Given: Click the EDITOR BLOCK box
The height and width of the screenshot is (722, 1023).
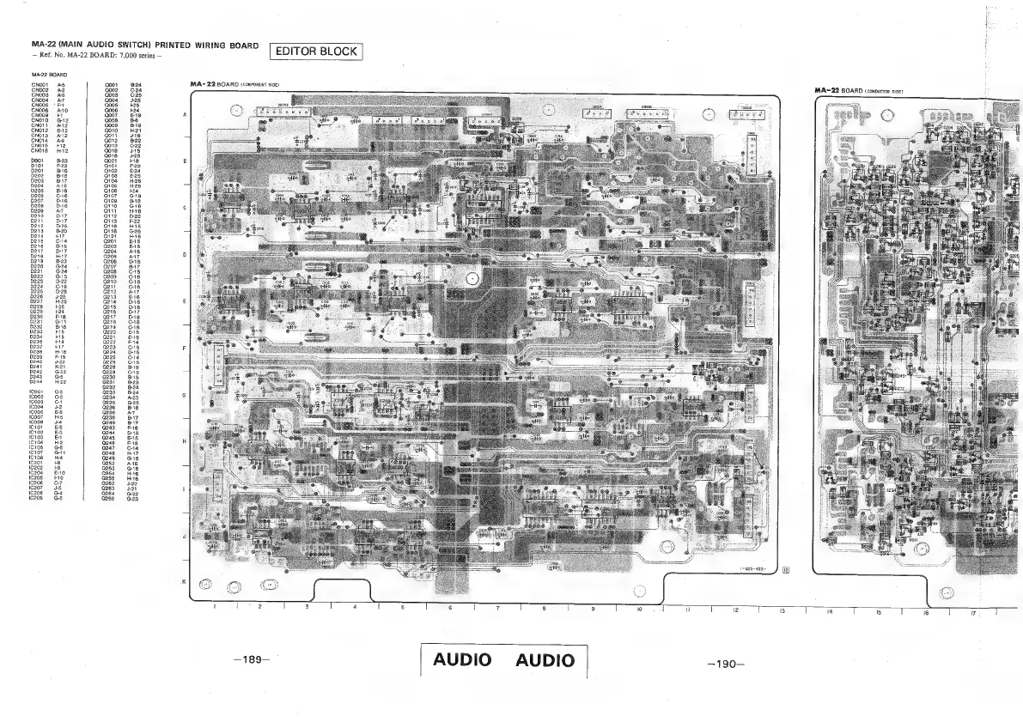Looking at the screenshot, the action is click(316, 52).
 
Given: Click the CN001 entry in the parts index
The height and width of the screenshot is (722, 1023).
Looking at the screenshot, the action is click(40, 86).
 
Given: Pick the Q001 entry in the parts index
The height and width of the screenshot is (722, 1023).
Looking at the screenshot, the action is click(111, 86).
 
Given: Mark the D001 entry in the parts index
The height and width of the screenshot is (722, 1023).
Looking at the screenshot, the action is click(38, 161).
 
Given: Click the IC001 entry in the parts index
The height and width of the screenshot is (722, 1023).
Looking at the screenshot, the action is click(38, 391).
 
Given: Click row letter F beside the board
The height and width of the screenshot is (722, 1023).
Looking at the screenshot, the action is click(185, 349).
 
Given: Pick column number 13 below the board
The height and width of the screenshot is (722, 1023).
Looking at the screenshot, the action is click(782, 610).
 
